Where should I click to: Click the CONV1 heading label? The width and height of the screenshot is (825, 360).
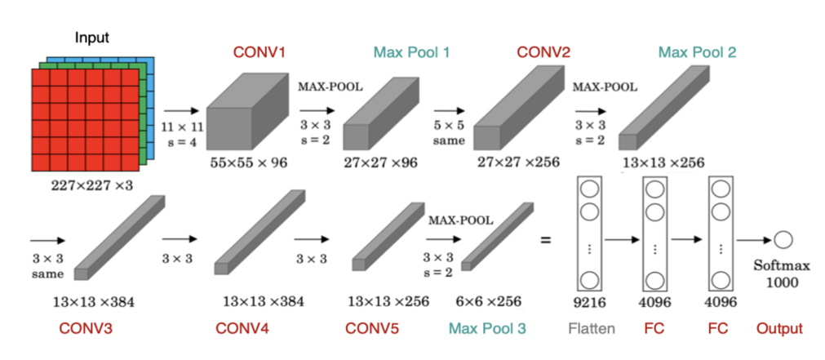(259, 53)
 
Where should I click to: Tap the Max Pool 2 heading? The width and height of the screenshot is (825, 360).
(698, 53)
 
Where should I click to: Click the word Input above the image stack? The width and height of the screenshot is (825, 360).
(91, 38)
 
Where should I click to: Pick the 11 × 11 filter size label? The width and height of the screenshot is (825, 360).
(181, 129)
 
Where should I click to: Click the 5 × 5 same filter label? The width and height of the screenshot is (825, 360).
(449, 133)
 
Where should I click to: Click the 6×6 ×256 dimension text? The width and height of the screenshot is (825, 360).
(488, 300)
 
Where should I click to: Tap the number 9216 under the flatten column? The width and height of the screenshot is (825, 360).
(589, 301)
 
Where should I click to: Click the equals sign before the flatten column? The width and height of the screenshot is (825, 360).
(545, 241)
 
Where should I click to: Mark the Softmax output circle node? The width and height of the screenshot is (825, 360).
(783, 239)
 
